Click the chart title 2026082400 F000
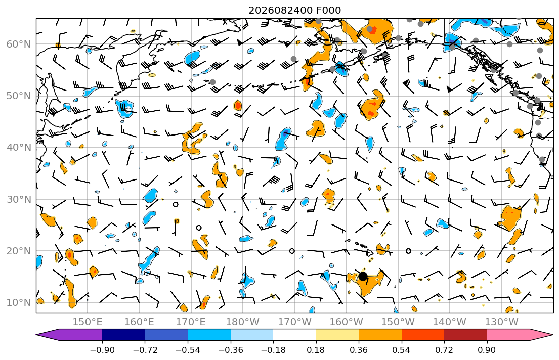tap(294, 10)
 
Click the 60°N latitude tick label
tap(19, 44)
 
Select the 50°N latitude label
tap(19, 96)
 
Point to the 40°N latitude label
tap(19, 148)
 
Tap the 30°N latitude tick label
tap(19, 199)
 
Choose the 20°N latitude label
tap(19, 251)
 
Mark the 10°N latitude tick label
tap(19, 303)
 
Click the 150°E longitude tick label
tap(88, 322)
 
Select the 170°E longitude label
tap(191, 322)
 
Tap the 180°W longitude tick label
tap(243, 322)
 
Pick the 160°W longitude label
tap(346, 322)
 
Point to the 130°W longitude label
tap(502, 322)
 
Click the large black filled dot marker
tap(363, 276)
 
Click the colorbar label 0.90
tap(487, 350)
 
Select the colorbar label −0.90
tap(102, 350)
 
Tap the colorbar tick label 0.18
tap(316, 350)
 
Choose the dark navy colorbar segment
tap(123, 335)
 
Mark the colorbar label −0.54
tap(188, 350)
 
